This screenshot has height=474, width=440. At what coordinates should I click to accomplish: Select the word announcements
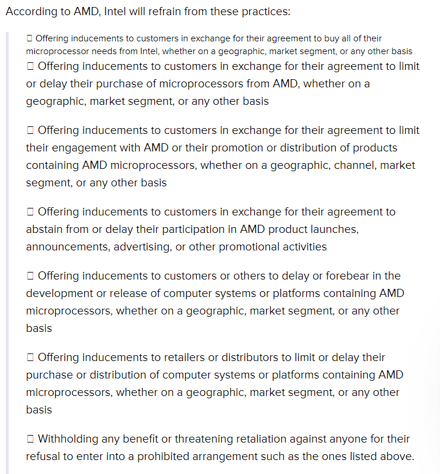pyautogui.click(x=68, y=247)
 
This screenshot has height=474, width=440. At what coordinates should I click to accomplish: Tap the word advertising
pyautogui.click(x=143, y=247)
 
